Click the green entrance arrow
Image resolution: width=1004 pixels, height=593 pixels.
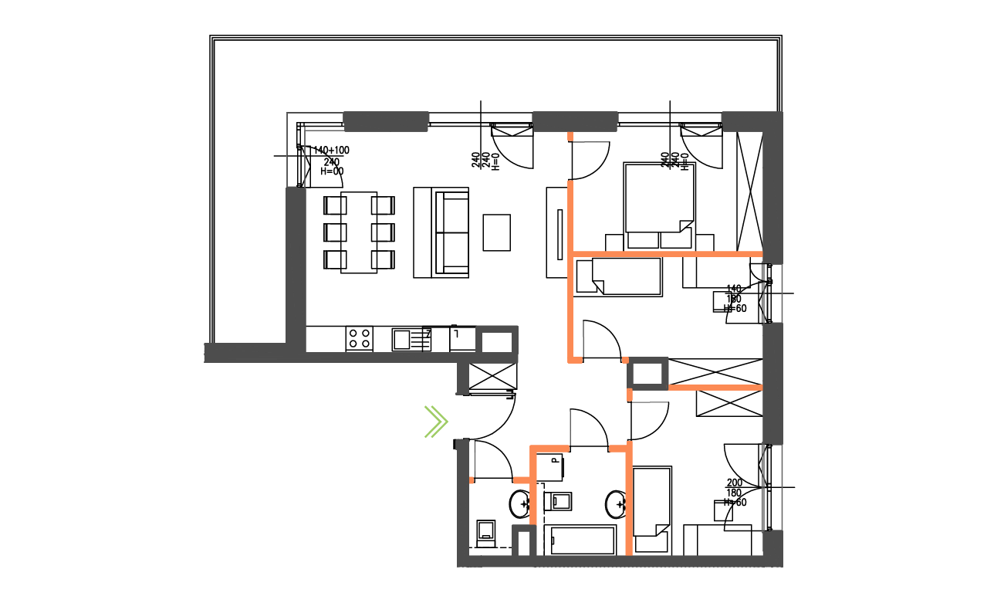436,422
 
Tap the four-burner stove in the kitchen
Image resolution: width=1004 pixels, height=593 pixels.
359,338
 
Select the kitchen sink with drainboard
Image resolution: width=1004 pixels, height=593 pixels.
411,339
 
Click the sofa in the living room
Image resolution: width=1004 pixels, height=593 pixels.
442,232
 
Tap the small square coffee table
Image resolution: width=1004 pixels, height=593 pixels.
497,232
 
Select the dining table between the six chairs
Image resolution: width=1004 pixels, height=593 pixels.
360,232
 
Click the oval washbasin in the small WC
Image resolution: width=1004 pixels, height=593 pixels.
519,505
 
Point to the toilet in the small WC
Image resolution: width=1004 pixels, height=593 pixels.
486,531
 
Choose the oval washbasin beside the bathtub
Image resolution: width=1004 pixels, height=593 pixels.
616,504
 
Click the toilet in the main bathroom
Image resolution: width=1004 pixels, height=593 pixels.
559,501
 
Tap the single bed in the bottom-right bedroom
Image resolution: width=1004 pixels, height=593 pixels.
652,510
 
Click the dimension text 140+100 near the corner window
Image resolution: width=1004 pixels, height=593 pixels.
331,150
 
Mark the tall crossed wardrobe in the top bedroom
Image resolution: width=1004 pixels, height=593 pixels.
749,191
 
